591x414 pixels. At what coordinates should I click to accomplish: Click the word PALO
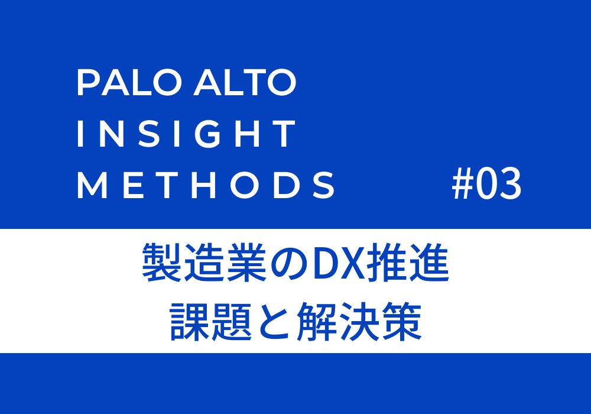point(129,82)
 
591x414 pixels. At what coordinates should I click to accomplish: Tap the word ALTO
point(245,82)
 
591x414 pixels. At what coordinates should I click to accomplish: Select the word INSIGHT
point(186,134)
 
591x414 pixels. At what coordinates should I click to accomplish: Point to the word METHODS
point(206,185)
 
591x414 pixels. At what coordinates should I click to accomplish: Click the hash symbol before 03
point(463,185)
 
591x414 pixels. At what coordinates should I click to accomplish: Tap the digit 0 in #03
point(486,185)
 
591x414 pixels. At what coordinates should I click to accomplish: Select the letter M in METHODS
point(92,185)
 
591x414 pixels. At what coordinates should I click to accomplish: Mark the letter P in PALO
point(88,82)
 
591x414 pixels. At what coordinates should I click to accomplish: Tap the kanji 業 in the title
point(247,263)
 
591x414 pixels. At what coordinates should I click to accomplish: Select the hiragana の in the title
point(290,263)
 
